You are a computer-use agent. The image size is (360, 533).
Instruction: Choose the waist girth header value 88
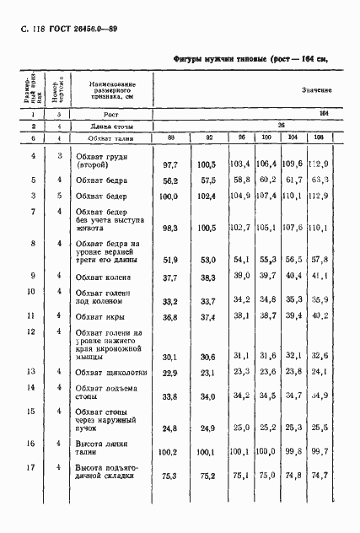pyautogui.click(x=171, y=137)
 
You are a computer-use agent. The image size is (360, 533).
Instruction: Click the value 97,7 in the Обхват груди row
pyautogui.click(x=170, y=163)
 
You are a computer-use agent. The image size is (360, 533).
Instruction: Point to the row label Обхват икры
pyautogui.click(x=99, y=317)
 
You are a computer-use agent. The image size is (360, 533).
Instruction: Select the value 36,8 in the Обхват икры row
pyautogui.click(x=171, y=317)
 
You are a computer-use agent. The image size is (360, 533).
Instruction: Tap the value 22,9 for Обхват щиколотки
pyautogui.click(x=171, y=372)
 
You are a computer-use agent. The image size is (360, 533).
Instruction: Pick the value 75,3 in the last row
pyautogui.click(x=171, y=476)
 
